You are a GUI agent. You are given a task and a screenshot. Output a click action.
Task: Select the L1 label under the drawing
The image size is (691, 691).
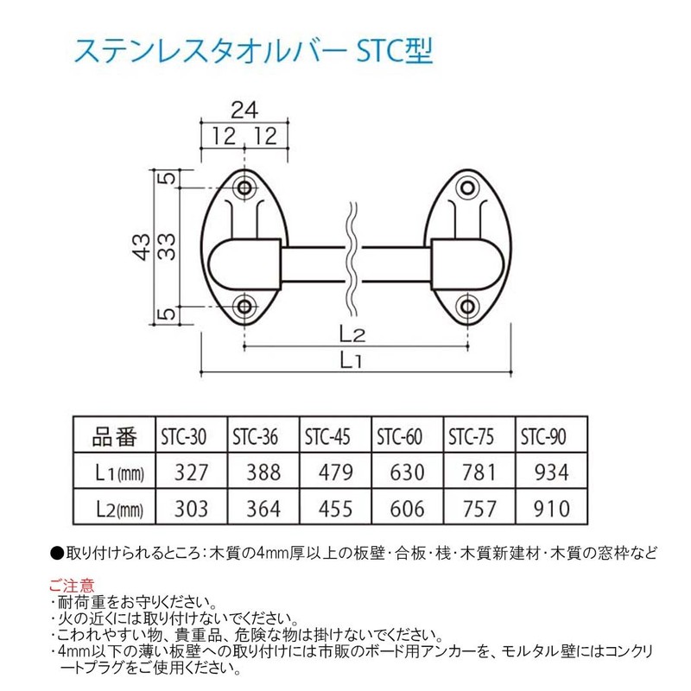[x=351, y=362]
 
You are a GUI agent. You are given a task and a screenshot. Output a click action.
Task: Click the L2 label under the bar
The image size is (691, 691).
[x=351, y=333]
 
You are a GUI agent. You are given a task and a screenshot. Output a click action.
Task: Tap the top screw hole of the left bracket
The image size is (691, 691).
[x=246, y=187]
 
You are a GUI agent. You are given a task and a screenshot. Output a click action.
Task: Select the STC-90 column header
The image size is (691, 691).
[x=545, y=436]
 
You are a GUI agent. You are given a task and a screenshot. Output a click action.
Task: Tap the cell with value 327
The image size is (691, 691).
[x=191, y=472]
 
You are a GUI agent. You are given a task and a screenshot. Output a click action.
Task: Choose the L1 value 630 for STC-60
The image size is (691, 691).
[x=407, y=472]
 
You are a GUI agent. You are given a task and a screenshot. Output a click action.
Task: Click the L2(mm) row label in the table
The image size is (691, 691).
[x=117, y=508]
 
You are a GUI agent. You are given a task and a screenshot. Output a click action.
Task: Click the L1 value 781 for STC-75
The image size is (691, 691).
[x=479, y=472]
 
